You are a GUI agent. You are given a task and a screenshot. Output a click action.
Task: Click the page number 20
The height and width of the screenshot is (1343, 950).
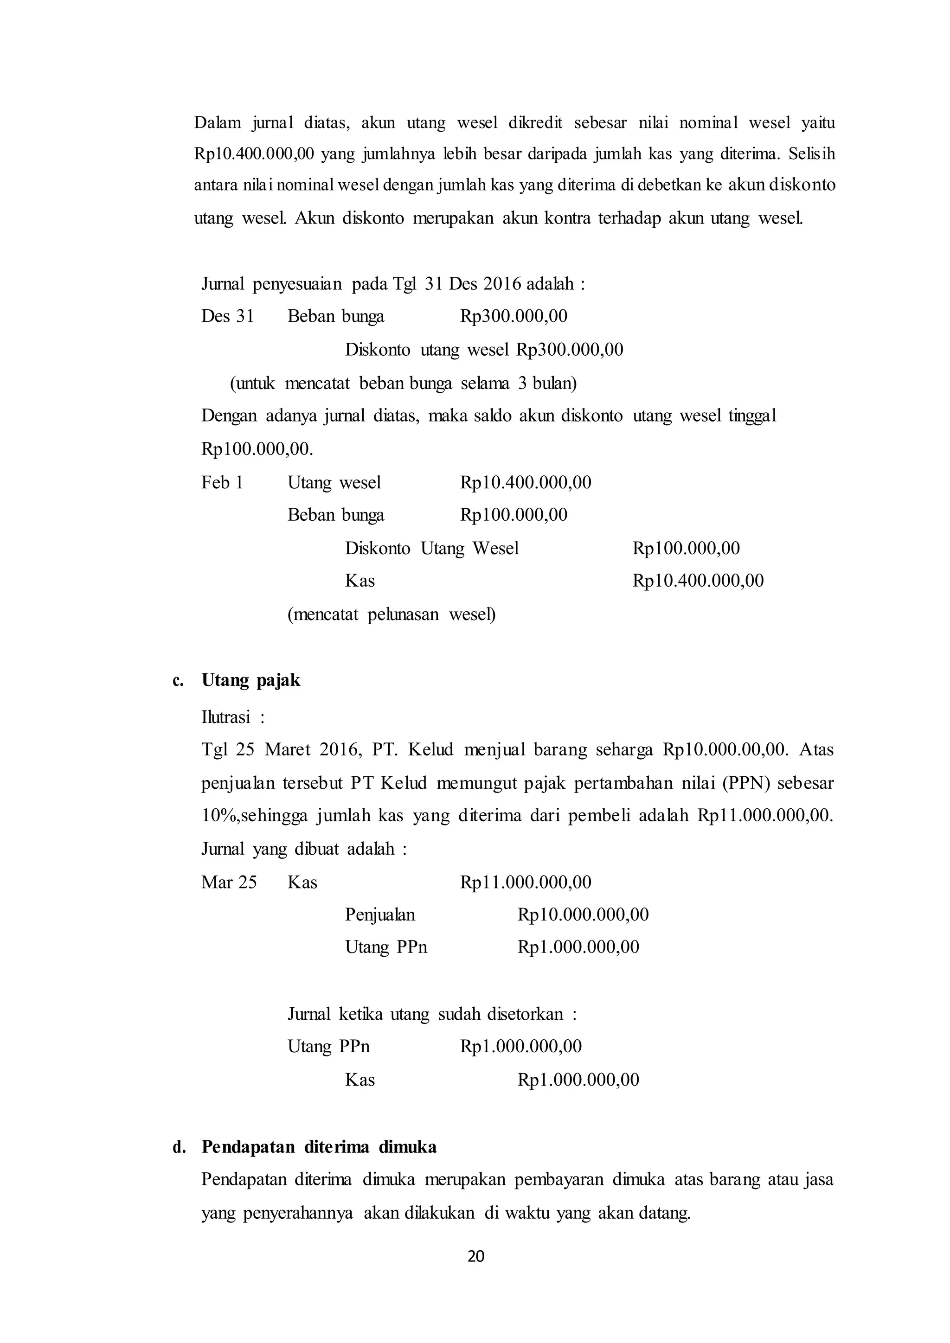[475, 1256]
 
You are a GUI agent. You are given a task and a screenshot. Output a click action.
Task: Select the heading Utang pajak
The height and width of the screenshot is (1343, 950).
[250, 680]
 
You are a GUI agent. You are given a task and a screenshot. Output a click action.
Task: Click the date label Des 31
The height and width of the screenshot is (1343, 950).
[228, 316]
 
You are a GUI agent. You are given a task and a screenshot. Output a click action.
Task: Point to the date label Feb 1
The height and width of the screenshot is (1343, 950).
[222, 483]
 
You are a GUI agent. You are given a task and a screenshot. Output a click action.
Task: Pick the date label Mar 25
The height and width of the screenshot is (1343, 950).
[229, 882]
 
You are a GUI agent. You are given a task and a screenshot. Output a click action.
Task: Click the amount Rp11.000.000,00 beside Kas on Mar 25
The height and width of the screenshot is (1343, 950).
[525, 882]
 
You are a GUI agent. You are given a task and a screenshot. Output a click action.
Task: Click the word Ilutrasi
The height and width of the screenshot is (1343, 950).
[226, 717]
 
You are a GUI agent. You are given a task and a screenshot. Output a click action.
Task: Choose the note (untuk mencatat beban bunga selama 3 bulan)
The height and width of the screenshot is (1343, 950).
[403, 383]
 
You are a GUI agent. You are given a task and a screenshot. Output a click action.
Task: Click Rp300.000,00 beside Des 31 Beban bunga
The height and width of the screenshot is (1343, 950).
[514, 316]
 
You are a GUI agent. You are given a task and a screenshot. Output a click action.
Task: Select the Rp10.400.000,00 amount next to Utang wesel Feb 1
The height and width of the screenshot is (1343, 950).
[525, 483]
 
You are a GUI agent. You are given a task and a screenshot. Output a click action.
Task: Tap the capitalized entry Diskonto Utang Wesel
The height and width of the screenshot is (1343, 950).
[432, 548]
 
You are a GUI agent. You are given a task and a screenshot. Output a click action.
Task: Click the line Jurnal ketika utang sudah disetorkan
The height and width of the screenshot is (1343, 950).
[432, 1014]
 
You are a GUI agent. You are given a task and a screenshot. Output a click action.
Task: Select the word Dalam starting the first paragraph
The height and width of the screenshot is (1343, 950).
[218, 123]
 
